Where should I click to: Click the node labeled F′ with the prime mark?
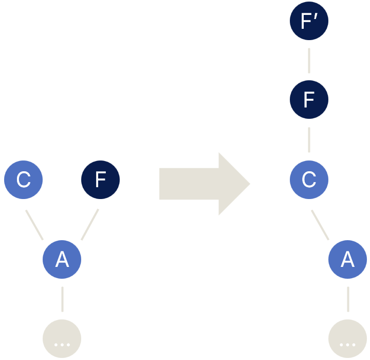[x=309, y=21]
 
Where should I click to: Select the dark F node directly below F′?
[x=309, y=99]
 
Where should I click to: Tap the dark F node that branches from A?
[x=100, y=179]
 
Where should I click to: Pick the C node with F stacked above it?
[x=309, y=179]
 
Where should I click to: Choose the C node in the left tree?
[x=23, y=179]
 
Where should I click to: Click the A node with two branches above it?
[x=62, y=259]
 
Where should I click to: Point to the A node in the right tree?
[x=347, y=259]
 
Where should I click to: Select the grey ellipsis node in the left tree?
[x=62, y=338]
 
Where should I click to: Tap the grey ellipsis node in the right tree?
[x=347, y=338]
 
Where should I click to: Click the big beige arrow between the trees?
[x=205, y=184]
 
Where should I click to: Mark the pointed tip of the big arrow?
[x=250, y=184]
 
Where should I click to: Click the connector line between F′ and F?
[x=309, y=61]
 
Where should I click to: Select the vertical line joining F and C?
[x=309, y=140]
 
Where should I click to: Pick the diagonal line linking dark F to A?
[x=90, y=224]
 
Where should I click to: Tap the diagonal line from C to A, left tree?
[x=34, y=225]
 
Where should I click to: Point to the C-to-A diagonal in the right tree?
[x=320, y=225]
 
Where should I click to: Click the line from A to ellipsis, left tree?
[x=62, y=299]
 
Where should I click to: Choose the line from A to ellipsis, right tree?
[x=348, y=299]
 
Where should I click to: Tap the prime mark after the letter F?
[x=316, y=17]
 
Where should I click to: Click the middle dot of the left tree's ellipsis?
[x=62, y=345]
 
